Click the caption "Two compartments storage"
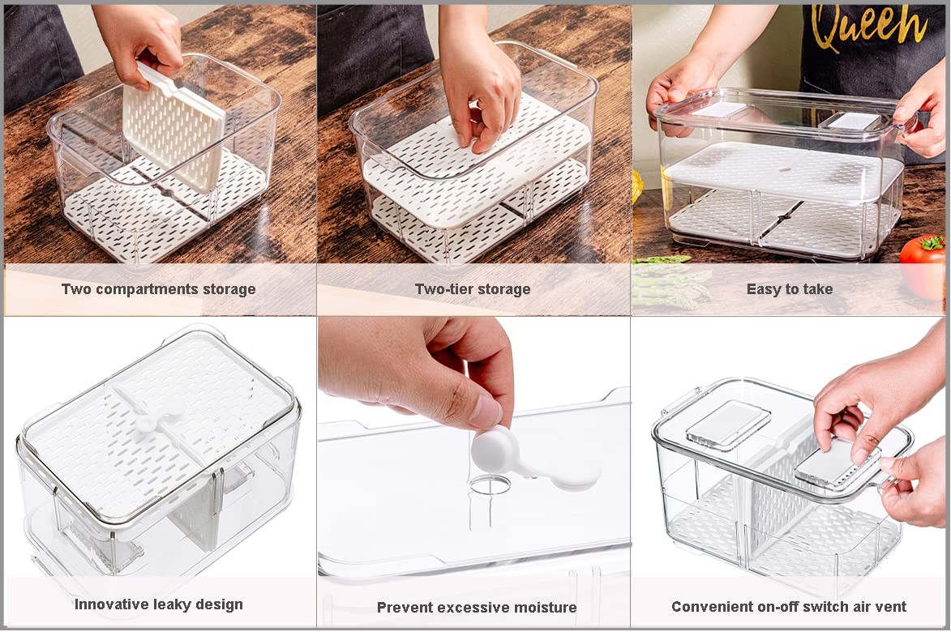(x=158, y=289)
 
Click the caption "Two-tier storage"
(x=473, y=289)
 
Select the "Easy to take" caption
(x=789, y=289)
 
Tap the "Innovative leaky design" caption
(x=158, y=604)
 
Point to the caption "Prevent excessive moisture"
(x=477, y=608)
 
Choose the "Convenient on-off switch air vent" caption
(x=789, y=607)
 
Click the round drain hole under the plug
(x=490, y=485)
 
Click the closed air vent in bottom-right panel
(x=727, y=422)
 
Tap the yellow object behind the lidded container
(x=637, y=186)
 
